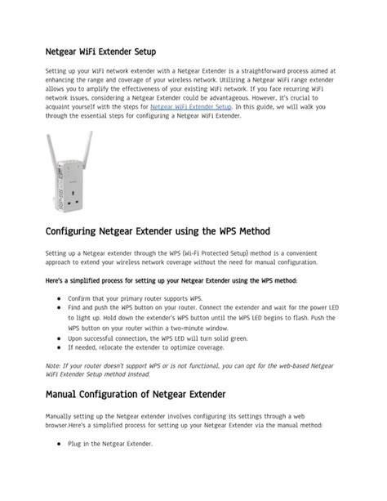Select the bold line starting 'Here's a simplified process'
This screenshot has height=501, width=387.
click(171, 281)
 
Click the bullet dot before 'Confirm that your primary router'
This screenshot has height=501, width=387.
click(60, 300)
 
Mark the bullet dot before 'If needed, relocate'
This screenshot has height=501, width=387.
click(60, 348)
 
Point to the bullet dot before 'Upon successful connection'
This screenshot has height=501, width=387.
click(60, 337)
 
